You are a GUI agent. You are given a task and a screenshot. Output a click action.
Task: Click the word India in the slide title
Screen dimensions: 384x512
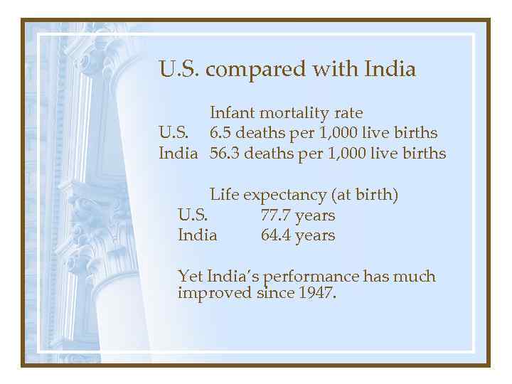[x=390, y=70]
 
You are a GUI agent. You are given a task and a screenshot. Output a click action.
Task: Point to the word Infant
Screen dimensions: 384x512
[x=233, y=112]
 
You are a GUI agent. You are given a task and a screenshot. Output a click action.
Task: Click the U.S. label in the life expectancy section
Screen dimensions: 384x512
[x=193, y=215]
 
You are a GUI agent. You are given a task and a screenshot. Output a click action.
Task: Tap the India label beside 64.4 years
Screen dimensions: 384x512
[x=197, y=235]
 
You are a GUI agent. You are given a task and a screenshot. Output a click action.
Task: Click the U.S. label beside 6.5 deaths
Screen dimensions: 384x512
[x=173, y=133]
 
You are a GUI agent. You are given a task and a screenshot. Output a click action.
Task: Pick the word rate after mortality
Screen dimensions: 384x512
[x=348, y=112]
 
